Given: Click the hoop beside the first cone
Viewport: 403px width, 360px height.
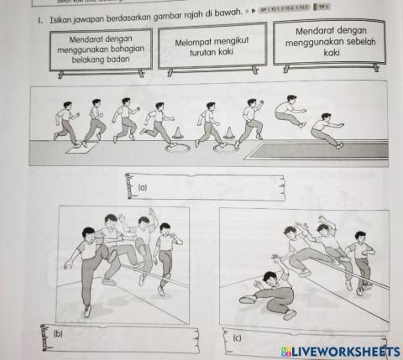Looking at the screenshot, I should coord(177,149).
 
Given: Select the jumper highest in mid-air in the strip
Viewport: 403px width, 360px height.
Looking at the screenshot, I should coord(290,112).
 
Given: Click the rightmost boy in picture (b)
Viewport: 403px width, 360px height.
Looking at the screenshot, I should coord(166,252).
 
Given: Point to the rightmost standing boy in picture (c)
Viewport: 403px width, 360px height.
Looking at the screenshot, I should coord(361,260).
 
